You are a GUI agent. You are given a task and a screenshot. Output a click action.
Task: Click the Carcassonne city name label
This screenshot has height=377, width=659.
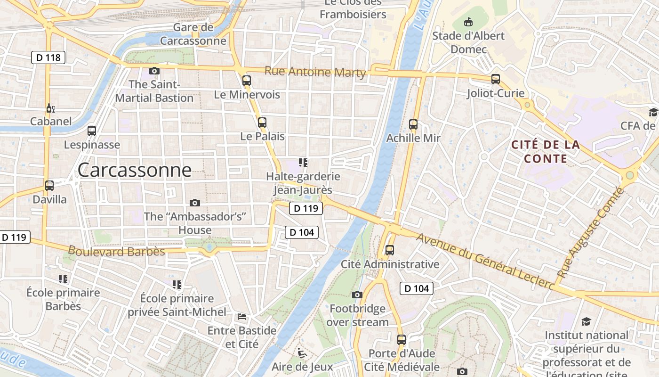click(135, 170)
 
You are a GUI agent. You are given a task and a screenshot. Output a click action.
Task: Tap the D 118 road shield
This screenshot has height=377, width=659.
click(48, 57)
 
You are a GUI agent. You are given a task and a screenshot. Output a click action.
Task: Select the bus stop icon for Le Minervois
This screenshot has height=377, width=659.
click(247, 81)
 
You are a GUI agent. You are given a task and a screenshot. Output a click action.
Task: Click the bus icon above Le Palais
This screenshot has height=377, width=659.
click(262, 123)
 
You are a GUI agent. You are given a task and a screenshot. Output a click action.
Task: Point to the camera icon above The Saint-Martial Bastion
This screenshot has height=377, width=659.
click(154, 71)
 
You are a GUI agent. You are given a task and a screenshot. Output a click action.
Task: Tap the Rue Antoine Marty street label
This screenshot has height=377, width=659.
click(315, 72)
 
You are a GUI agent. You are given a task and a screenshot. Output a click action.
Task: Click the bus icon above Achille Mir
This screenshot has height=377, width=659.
click(413, 124)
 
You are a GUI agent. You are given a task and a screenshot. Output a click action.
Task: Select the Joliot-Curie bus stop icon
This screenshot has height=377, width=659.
click(496, 79)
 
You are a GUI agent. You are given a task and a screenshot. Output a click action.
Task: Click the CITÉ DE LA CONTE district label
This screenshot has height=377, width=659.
click(546, 152)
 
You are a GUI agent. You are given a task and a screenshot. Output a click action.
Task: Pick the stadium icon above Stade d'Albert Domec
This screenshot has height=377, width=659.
click(468, 22)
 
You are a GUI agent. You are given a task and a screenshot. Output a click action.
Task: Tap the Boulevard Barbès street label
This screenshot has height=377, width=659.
click(116, 251)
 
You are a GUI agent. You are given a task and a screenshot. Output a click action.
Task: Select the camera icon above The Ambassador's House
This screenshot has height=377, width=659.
click(195, 203)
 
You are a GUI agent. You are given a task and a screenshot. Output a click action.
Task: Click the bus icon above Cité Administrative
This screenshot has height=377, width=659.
click(390, 250)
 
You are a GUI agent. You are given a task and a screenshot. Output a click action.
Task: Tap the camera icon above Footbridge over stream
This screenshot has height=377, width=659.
click(357, 295)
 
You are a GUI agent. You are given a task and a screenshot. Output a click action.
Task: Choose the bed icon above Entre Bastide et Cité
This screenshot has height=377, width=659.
click(242, 317)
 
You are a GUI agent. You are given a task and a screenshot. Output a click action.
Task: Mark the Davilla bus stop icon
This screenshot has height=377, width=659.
click(49, 186)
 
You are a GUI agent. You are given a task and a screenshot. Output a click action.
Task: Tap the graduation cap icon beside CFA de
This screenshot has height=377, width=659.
click(653, 112)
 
